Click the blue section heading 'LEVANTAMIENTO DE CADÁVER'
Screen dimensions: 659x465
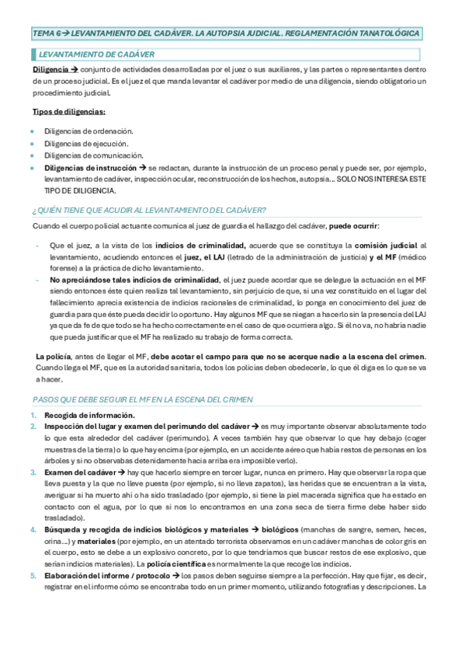click(x=96, y=54)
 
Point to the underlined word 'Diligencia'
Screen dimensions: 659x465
click(x=50, y=70)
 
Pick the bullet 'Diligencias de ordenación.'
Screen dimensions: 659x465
click(x=88, y=131)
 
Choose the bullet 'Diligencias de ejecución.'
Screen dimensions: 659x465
click(x=85, y=143)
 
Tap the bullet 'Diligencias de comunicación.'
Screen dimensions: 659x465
click(x=92, y=155)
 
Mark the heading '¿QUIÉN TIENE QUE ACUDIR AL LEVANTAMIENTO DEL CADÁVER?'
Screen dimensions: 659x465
click(x=149, y=210)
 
